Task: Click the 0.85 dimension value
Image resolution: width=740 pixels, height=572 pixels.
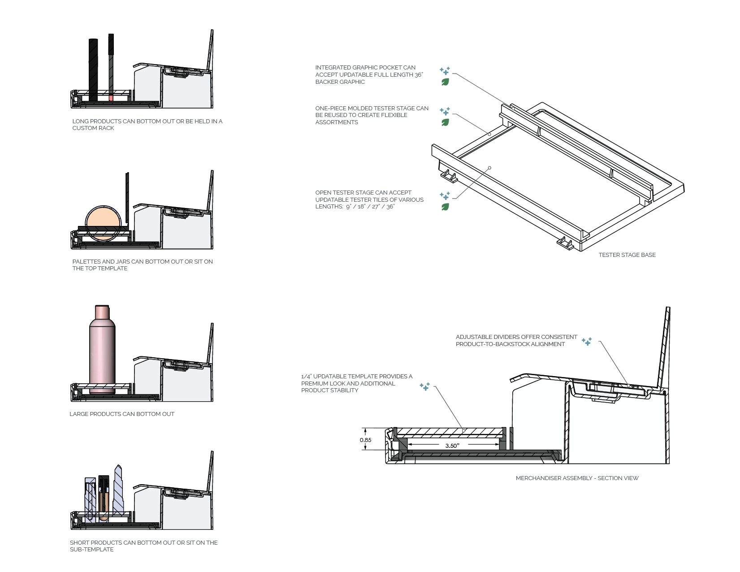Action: coord(365,440)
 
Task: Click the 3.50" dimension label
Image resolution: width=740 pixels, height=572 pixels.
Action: coord(452,446)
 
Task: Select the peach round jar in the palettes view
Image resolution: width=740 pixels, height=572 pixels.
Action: coord(103,223)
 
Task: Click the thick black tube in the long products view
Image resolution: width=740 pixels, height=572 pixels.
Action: coord(93,70)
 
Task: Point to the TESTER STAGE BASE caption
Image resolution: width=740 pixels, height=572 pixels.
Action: coord(627,255)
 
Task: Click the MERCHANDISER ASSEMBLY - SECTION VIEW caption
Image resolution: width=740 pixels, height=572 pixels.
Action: coord(577,478)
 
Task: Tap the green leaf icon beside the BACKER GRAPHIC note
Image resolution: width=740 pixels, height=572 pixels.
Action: coord(445,82)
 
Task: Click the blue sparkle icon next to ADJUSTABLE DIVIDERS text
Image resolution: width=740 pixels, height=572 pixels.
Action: coord(587,341)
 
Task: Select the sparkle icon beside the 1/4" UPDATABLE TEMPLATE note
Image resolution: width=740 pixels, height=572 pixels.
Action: coord(424,386)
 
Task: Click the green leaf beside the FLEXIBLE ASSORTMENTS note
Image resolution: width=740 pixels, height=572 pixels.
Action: coord(445,122)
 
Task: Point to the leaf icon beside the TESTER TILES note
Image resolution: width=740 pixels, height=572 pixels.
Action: coord(445,207)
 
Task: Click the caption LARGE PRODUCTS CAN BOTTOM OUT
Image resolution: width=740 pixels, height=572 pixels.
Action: coord(122,414)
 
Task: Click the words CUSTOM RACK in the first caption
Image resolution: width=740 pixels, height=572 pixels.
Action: coord(93,128)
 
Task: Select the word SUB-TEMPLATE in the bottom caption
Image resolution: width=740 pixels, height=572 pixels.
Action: coord(91,549)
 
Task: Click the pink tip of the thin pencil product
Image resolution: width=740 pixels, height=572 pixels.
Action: coord(111,98)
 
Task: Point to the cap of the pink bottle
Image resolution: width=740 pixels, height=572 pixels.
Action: coord(102,312)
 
